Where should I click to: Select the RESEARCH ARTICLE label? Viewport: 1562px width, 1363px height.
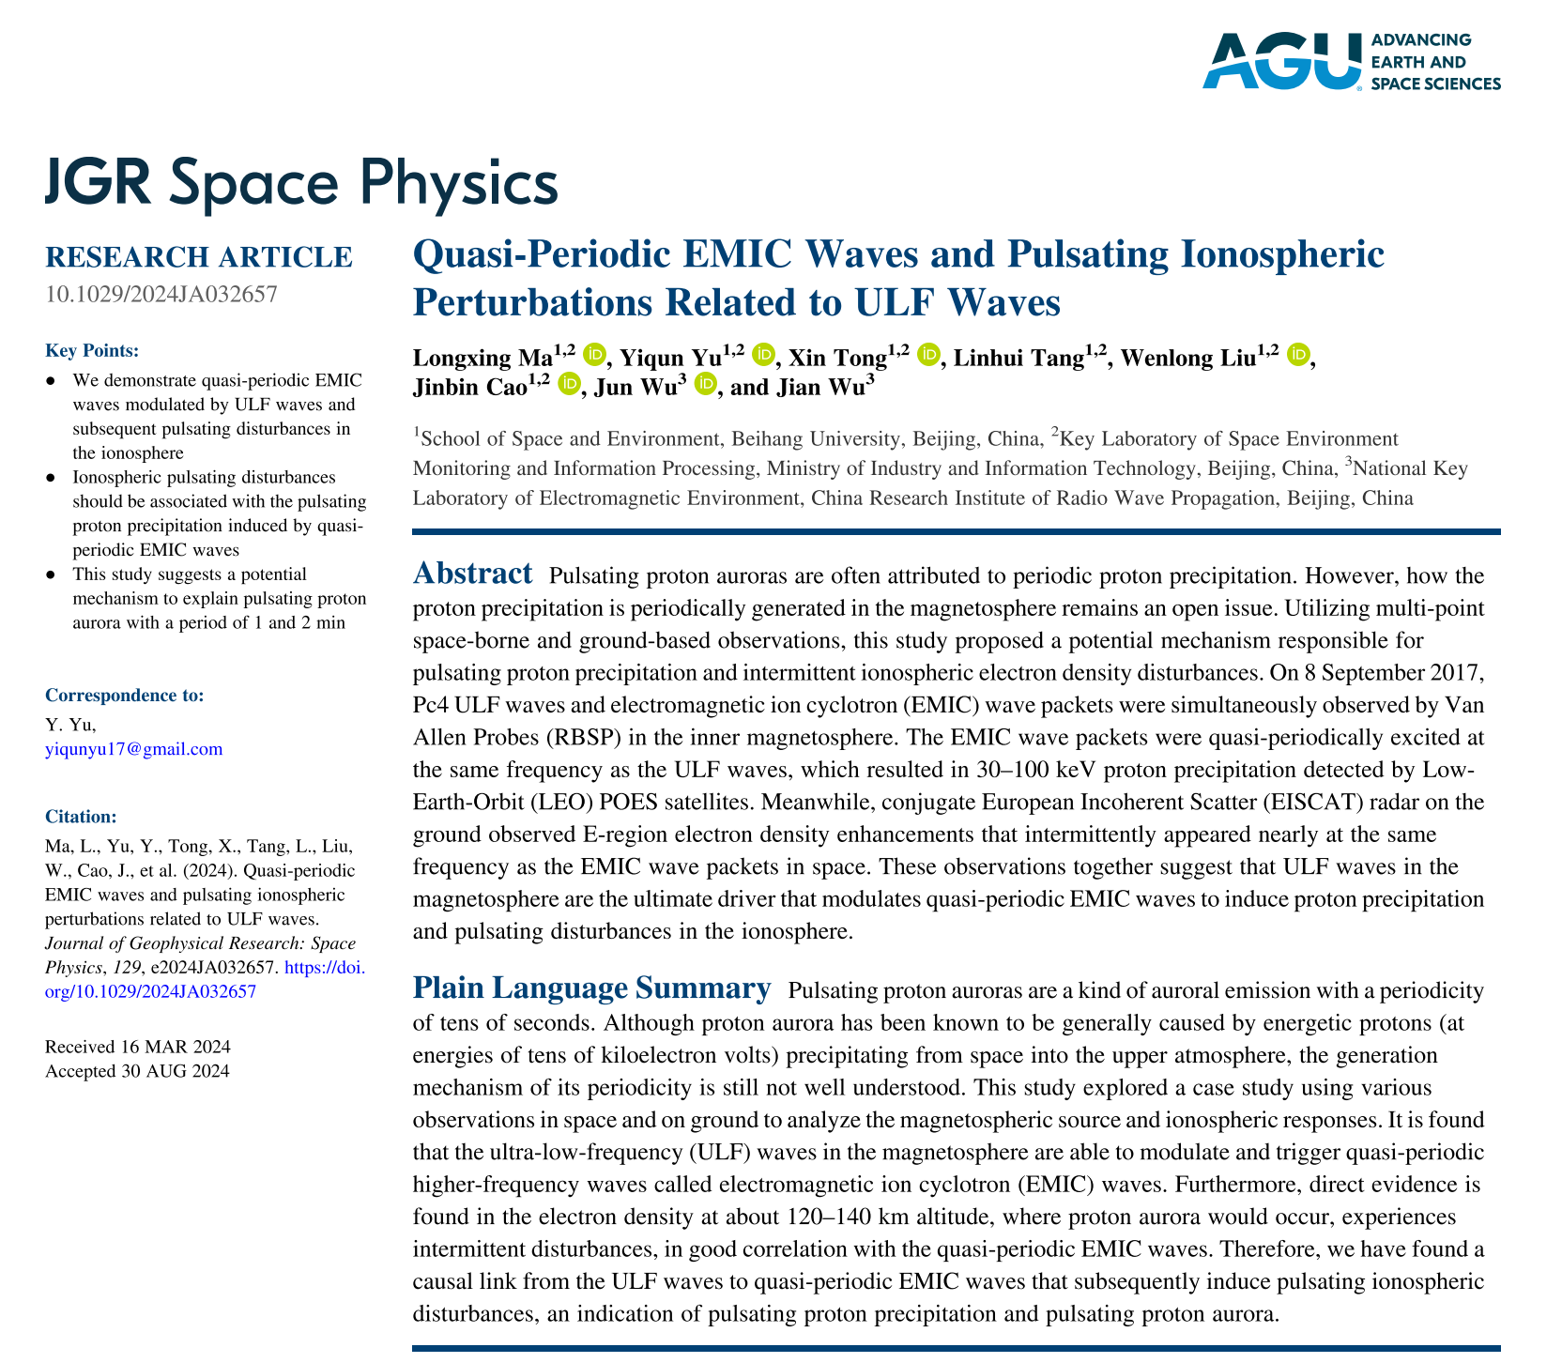[x=199, y=257]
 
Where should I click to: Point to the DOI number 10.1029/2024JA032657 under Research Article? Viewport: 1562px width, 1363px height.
[x=161, y=294]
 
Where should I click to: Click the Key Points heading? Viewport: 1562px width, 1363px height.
[x=92, y=351]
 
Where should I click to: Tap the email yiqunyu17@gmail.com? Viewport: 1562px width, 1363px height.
[x=133, y=748]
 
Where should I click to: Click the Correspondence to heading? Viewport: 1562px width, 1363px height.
[x=124, y=696]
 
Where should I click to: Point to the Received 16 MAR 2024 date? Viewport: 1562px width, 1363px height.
[x=138, y=1048]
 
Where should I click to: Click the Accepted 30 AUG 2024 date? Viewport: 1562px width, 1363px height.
[x=137, y=1071]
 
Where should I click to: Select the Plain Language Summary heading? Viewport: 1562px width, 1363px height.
[x=591, y=988]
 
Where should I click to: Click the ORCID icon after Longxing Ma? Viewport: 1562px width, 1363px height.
[x=594, y=355]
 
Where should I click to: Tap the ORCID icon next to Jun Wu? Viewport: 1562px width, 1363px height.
[x=707, y=385]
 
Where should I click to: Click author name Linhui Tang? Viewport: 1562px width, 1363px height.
[x=1018, y=359]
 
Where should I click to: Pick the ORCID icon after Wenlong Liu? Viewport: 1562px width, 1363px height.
[x=1299, y=355]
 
